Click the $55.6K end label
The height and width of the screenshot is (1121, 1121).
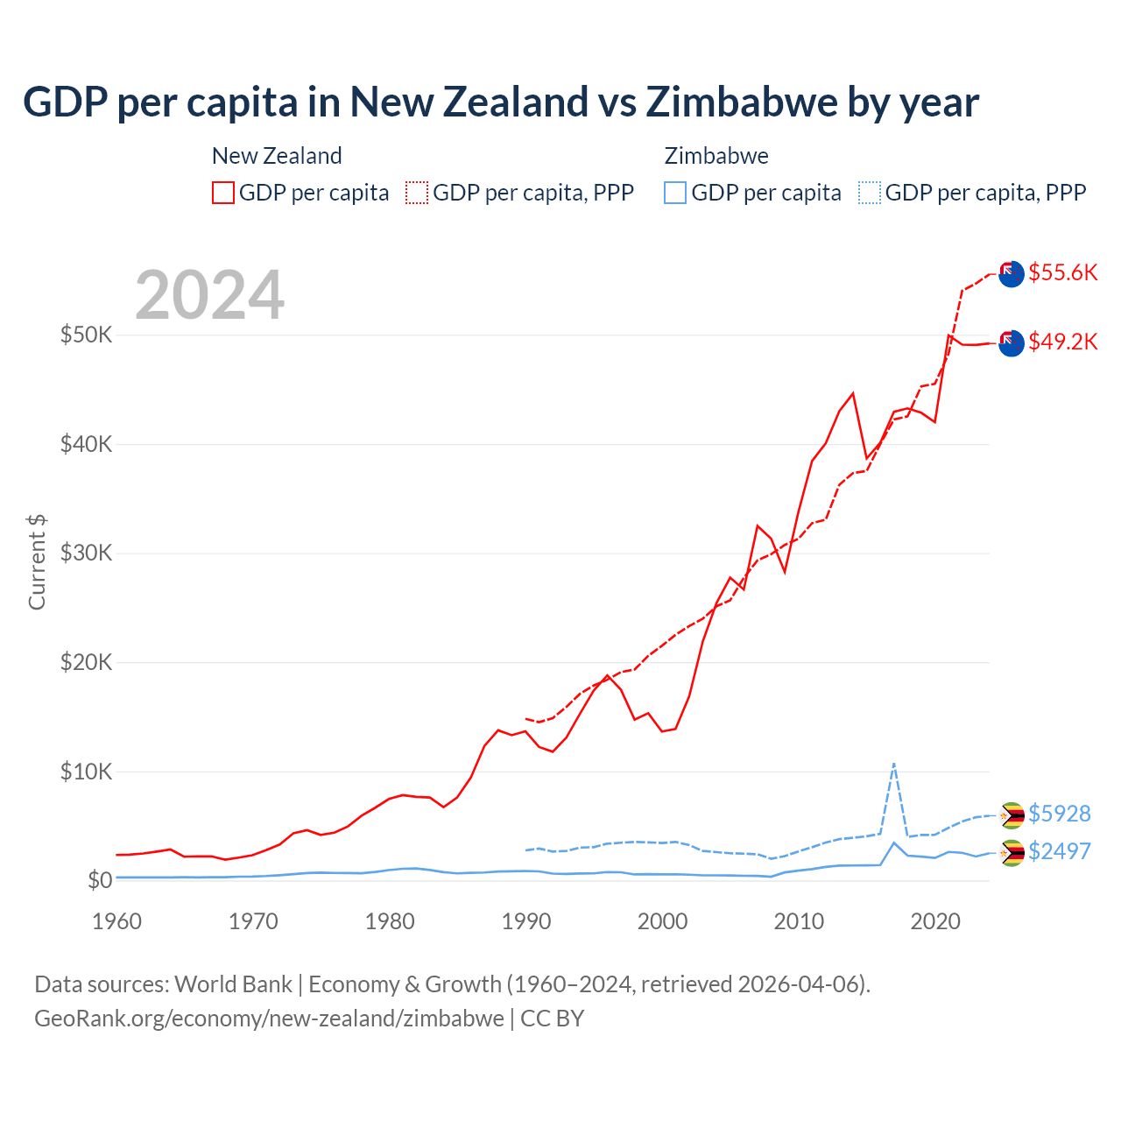[1062, 272]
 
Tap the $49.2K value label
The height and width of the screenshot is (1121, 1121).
[1062, 342]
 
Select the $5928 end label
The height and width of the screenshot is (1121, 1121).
[1059, 814]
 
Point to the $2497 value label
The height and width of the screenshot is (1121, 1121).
[1059, 851]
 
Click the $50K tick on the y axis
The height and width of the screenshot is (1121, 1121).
[86, 335]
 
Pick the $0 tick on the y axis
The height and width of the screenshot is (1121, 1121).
[100, 880]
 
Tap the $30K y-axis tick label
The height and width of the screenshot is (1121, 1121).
[86, 553]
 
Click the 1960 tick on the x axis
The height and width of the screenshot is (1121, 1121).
[116, 921]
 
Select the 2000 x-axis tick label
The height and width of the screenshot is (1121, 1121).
[662, 921]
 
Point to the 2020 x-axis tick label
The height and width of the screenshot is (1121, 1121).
[935, 921]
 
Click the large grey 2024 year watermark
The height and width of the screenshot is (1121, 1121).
[209, 295]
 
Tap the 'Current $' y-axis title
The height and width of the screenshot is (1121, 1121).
[37, 562]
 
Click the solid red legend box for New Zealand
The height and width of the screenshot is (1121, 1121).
[223, 193]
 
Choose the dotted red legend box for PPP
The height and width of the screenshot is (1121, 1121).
[417, 193]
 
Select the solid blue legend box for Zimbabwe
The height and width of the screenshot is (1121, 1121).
[675, 193]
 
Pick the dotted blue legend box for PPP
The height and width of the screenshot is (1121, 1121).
[870, 193]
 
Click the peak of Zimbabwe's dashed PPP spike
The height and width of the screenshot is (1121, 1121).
[893, 764]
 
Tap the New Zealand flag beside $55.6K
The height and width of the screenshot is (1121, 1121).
[1012, 273]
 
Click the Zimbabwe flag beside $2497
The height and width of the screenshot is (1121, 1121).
[1012, 852]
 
